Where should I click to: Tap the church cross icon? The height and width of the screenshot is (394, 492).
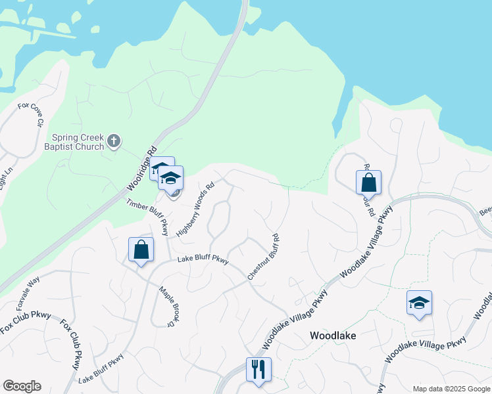point(114,141)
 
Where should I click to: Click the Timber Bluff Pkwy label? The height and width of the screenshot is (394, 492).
point(148,217)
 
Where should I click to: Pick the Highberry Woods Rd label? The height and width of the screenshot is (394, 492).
point(195,209)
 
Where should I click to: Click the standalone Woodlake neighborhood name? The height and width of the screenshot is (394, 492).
point(333,336)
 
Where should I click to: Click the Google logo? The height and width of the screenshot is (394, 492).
point(22,386)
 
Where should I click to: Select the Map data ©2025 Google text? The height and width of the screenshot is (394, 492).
point(451,389)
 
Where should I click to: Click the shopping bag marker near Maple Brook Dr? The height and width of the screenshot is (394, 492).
point(141,250)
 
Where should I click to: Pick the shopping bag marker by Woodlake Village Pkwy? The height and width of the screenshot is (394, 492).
point(368,183)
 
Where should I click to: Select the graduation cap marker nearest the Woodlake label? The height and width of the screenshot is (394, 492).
point(419,303)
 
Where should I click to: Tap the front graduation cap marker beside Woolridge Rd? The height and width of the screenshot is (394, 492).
point(171,179)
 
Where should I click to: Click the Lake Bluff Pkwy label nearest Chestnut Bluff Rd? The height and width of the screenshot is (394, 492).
point(203,261)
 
